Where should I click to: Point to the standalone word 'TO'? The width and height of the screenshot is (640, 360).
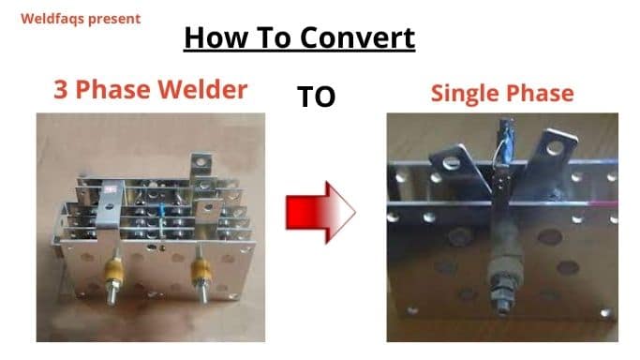(x=316, y=97)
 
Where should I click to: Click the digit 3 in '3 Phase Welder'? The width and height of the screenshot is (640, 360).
(x=61, y=90)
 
